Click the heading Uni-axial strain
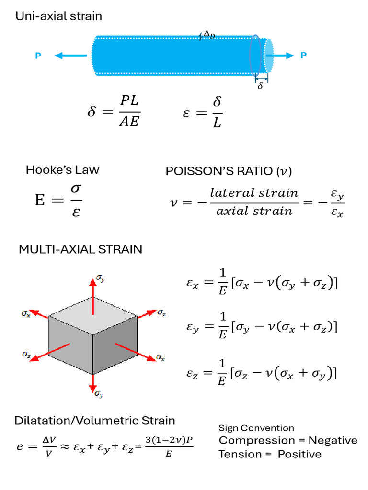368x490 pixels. tap(58, 16)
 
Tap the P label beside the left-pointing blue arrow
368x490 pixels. tap(38, 56)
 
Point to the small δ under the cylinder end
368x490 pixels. tap(260, 87)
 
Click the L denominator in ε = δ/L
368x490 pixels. tap(218, 122)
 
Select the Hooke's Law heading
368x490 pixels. tap(62, 170)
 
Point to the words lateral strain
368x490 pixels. tap(254, 193)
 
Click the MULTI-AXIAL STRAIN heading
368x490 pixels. tap(80, 249)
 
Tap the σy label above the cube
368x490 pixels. tap(100, 277)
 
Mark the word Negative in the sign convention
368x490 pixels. tap(333, 440)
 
